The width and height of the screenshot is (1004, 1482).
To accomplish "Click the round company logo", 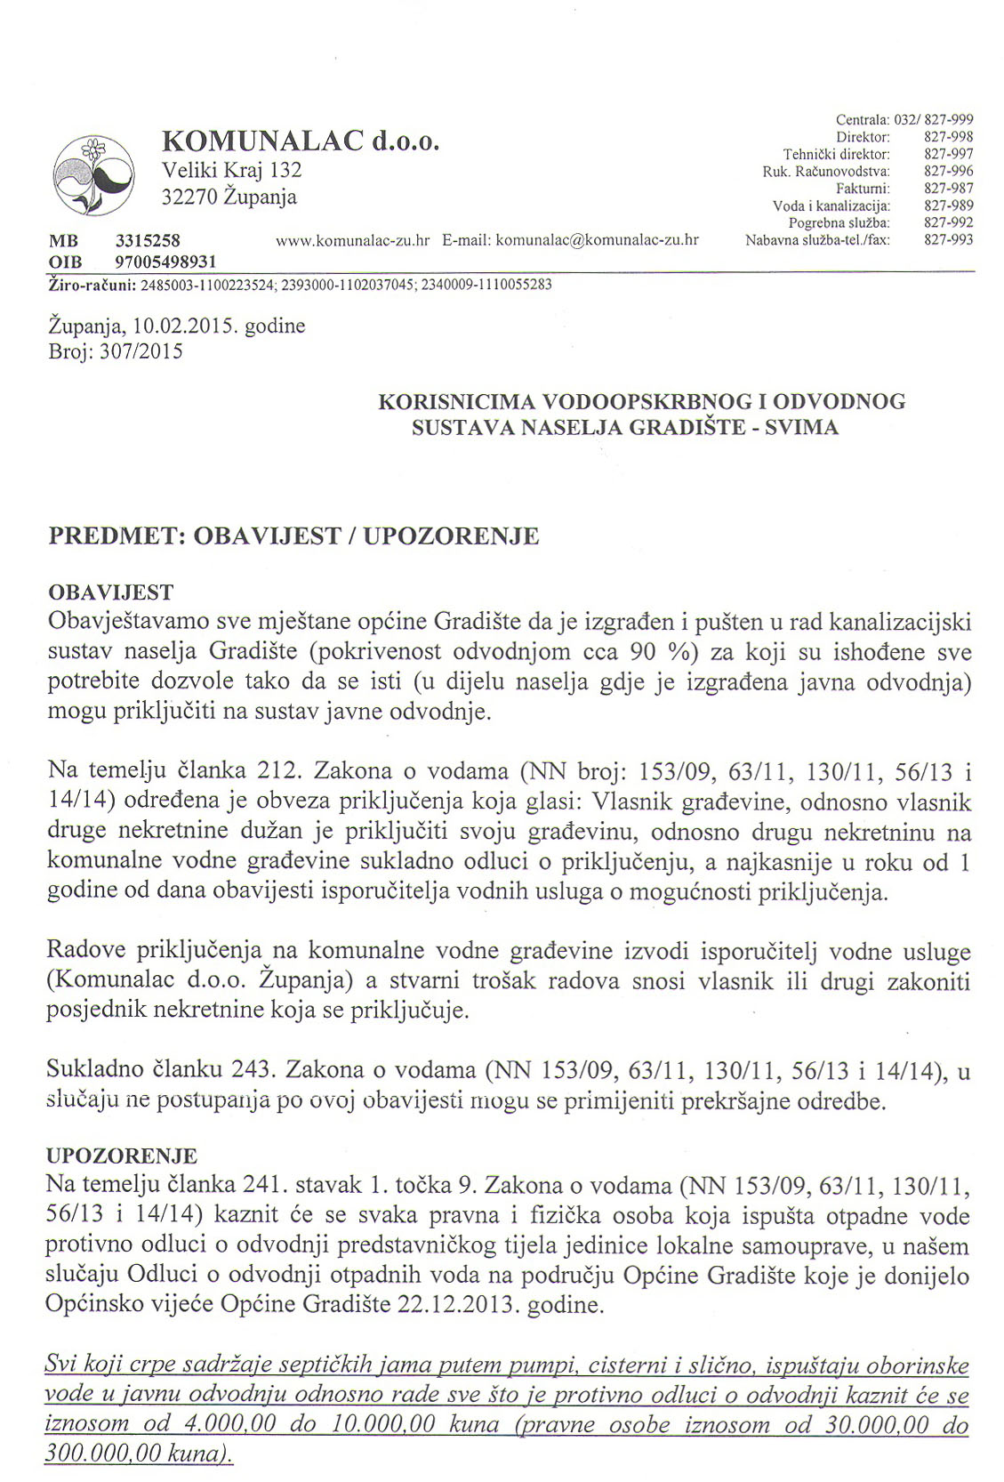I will click(x=92, y=174).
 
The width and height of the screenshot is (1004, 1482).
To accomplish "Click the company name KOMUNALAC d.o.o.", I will click(x=301, y=141).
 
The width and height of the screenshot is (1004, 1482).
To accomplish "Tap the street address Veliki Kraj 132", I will click(x=231, y=170).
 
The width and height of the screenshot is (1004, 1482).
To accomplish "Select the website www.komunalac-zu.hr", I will click(x=354, y=240).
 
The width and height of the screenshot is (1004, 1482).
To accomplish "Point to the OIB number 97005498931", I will click(x=166, y=262).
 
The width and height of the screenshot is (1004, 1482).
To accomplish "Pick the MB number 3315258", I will click(x=149, y=240).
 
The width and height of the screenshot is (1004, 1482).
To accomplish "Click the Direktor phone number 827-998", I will click(x=949, y=137).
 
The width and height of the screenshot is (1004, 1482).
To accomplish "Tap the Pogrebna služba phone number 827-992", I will click(x=949, y=222).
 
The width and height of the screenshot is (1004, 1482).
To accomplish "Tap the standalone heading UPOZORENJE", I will click(x=121, y=1156).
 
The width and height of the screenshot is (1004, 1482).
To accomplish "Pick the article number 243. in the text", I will click(x=254, y=1070).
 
